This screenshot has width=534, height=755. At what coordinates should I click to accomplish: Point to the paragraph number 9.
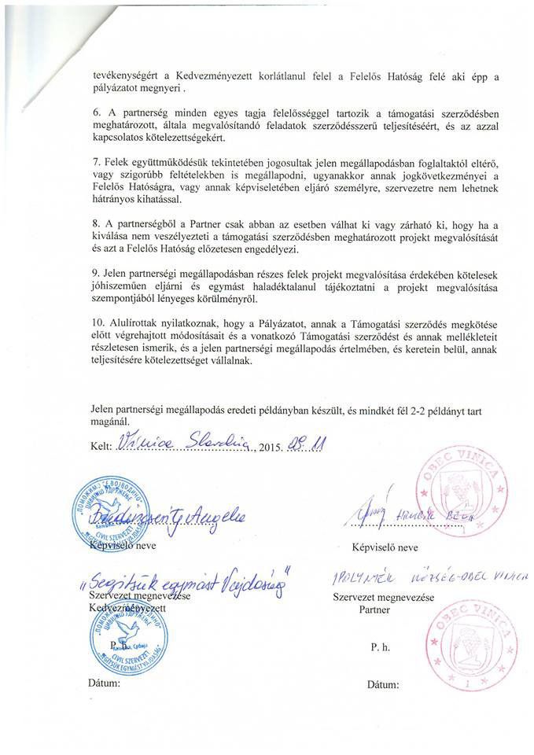pyautogui.click(x=96, y=272)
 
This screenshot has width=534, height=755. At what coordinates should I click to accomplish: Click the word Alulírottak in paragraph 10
pyautogui.click(x=136, y=322)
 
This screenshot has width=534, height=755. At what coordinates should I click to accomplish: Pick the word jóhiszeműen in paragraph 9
pyautogui.click(x=123, y=285)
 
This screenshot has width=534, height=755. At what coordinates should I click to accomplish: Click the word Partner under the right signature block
pyautogui.click(x=374, y=610)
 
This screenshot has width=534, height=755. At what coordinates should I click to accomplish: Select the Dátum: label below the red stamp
pyautogui.click(x=383, y=684)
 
